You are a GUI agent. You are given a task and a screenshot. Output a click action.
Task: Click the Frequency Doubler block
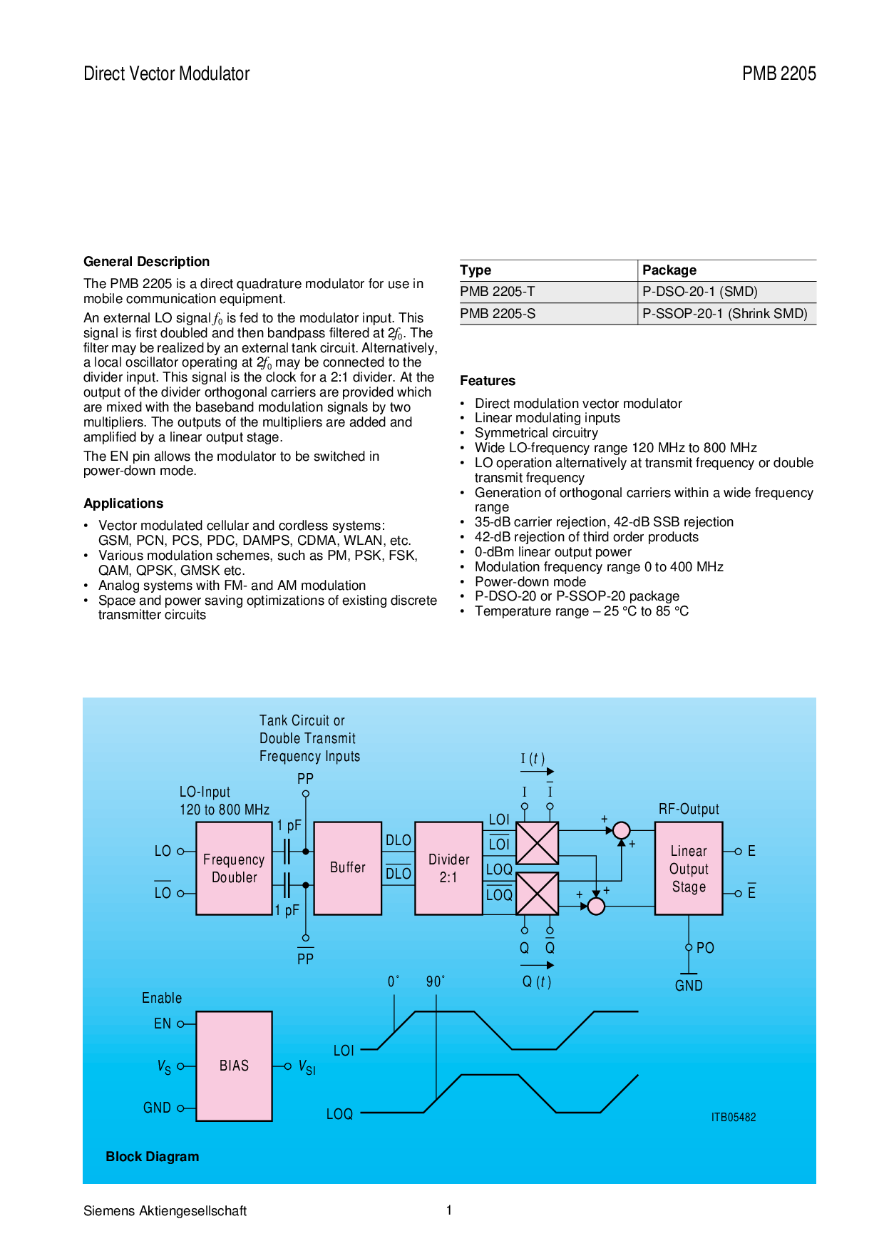(x=234, y=868)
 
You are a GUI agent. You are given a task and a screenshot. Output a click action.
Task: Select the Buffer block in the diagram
(x=347, y=868)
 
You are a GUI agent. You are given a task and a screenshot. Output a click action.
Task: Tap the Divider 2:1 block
(x=448, y=868)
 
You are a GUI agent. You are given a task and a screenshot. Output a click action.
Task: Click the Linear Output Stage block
(x=689, y=868)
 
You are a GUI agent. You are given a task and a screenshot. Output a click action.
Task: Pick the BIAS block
(x=234, y=1066)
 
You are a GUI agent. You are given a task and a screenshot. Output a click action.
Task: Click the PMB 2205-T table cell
(x=498, y=292)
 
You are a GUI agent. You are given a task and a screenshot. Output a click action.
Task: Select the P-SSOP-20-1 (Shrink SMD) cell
(x=724, y=314)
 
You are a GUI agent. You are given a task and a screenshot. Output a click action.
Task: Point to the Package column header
(x=669, y=270)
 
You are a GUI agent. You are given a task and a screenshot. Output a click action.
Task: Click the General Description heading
(x=146, y=262)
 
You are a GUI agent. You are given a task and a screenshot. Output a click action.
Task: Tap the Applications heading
(x=123, y=504)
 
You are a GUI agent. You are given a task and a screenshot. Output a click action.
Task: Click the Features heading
(x=488, y=381)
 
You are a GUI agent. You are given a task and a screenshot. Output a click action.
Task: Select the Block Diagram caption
(x=153, y=1157)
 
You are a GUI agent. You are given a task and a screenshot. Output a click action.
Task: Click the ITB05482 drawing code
(x=733, y=1118)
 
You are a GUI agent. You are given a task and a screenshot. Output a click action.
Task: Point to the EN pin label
(x=163, y=1024)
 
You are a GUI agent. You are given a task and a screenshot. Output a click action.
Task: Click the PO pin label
(x=705, y=948)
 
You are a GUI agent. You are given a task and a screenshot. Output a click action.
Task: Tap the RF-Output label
(x=689, y=810)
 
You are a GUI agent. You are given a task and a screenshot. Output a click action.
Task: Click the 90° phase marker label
(x=435, y=982)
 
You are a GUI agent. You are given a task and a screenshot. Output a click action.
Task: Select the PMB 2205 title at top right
(x=778, y=73)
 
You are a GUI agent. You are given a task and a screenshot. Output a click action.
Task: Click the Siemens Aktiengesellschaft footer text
(x=165, y=1211)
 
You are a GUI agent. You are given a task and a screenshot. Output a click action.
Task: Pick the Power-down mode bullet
(x=530, y=582)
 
